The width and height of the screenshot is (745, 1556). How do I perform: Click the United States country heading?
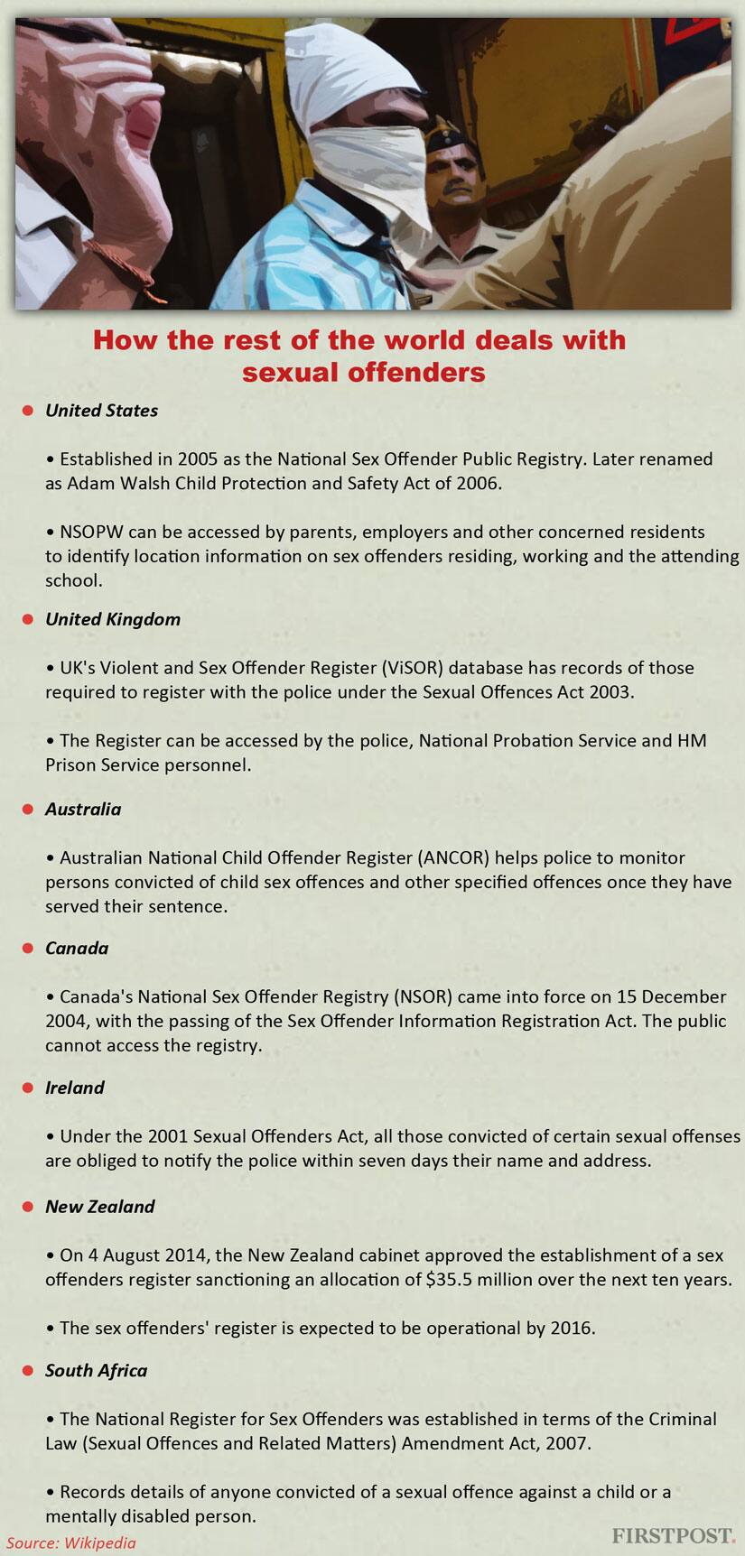[x=101, y=411]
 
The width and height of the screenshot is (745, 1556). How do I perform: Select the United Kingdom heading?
[x=113, y=619]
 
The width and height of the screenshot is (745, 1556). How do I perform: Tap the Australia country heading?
[x=83, y=809]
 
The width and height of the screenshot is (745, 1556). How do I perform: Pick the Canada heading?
[x=77, y=948]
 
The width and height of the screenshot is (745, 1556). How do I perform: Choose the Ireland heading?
[x=75, y=1088]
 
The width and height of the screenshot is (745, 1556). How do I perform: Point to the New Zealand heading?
[x=100, y=1206]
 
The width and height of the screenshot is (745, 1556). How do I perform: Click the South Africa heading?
[x=96, y=1370]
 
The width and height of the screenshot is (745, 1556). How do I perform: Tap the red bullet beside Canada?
[x=28, y=949]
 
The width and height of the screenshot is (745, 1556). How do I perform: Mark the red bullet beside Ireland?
[x=28, y=1088]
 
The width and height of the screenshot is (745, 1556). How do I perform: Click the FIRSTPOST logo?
[x=673, y=1535]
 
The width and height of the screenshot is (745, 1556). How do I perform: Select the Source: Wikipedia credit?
[x=71, y=1542]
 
